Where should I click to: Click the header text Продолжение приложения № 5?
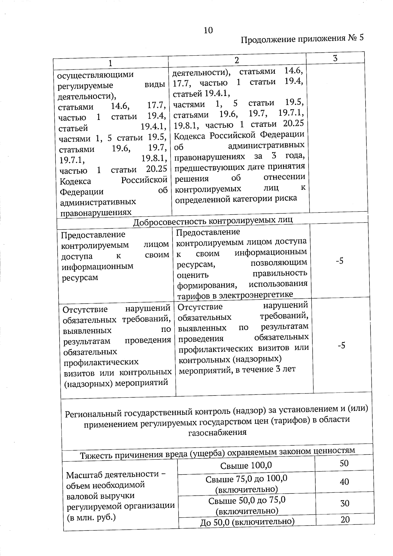click(x=302, y=39)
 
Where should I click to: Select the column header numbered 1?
click(x=110, y=63)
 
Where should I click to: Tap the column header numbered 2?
click(x=237, y=60)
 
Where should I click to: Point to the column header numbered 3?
click(x=335, y=58)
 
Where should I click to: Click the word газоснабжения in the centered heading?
click(x=217, y=432)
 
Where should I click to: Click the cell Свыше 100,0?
click(x=246, y=466)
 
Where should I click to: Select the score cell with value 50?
click(x=344, y=463)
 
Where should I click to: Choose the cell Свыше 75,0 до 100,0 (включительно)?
click(x=247, y=484)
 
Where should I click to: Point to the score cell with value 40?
click(x=344, y=482)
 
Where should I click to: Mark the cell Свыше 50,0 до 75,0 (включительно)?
click(x=247, y=506)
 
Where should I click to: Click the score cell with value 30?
click(x=345, y=503)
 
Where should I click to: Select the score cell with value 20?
click(x=345, y=520)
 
